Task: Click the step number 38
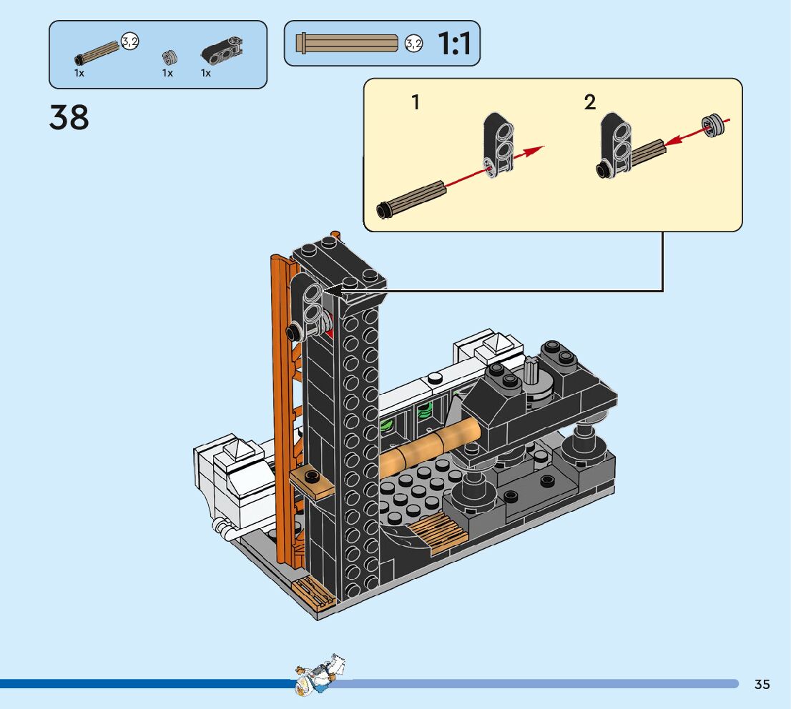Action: point(69,117)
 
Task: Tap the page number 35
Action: point(762,684)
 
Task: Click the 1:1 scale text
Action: point(454,44)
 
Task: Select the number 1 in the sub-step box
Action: point(416,102)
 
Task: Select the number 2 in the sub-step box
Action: point(590,102)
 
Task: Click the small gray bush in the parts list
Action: point(169,57)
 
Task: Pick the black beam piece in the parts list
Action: point(222,51)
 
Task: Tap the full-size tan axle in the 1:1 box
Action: point(347,44)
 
